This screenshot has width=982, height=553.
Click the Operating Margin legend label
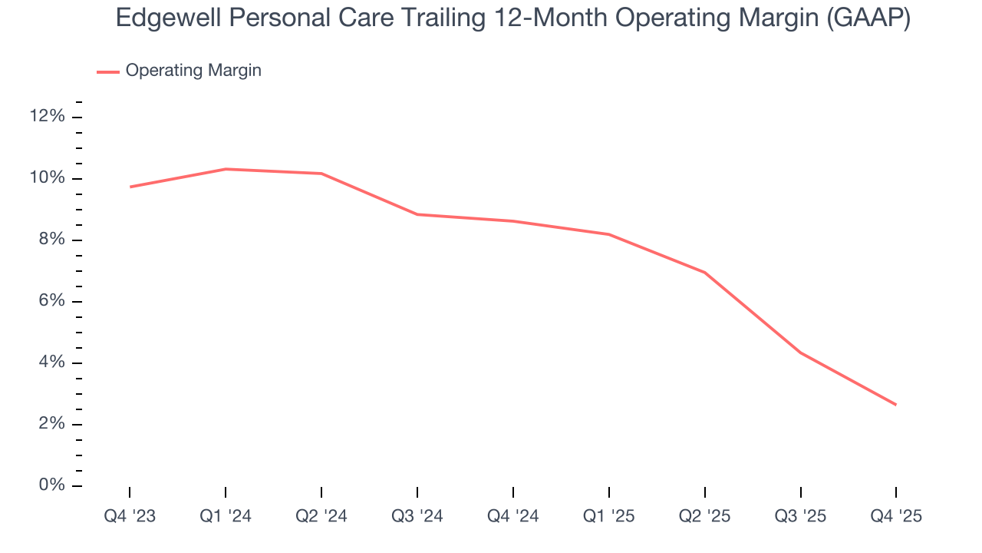pos(193,71)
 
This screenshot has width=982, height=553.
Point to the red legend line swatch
pos(108,71)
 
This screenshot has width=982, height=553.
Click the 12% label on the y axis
pos(47,117)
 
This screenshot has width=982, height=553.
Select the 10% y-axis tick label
pos(47,178)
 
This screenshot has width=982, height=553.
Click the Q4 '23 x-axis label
pos(130,517)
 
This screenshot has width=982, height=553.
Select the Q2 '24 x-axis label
pos(321,517)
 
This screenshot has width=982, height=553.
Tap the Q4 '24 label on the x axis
pos(513,517)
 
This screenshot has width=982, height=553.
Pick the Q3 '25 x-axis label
pos(801,517)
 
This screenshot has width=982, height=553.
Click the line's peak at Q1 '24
pos(226,169)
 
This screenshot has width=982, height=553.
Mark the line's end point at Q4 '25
pos(896,405)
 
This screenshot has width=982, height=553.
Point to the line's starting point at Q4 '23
pos(130,187)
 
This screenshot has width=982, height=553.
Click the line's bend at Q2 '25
pos(704,272)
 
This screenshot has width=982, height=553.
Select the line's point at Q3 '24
pos(417,214)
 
